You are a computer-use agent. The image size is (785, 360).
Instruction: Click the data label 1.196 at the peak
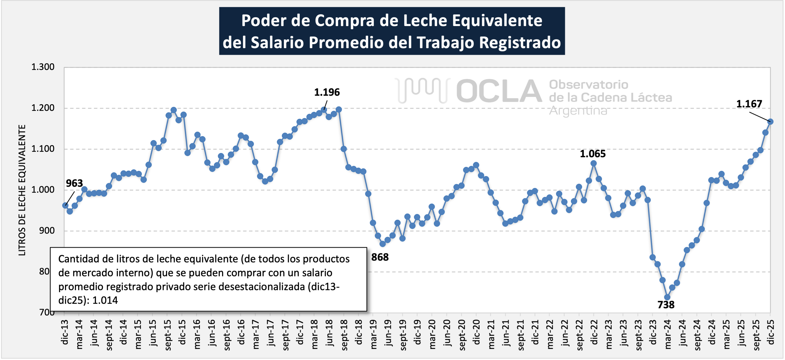[x=327, y=92]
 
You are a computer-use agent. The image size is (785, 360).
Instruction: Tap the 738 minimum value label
[x=666, y=304]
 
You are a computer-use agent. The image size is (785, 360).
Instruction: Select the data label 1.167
[x=749, y=104]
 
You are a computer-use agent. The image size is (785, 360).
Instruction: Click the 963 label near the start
[x=74, y=183]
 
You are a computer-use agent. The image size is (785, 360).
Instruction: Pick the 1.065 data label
[x=592, y=154]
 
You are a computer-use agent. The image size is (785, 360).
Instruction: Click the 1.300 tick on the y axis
[x=43, y=67]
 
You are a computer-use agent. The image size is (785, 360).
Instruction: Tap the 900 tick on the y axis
[x=47, y=231]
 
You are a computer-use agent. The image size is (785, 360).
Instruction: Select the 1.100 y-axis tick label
[x=43, y=149]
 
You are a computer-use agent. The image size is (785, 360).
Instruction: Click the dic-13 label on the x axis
[x=65, y=332]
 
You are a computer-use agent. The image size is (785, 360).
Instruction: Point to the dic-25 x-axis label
[x=770, y=332]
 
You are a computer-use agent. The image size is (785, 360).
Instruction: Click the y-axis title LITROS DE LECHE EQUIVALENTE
[x=22, y=190]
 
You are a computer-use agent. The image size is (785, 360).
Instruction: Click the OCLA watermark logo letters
[x=499, y=91]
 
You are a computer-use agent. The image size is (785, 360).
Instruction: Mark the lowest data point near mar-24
[x=667, y=297]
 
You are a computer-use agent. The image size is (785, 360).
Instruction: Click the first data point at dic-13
[x=65, y=206]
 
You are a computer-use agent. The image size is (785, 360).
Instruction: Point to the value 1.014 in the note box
[x=105, y=300]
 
